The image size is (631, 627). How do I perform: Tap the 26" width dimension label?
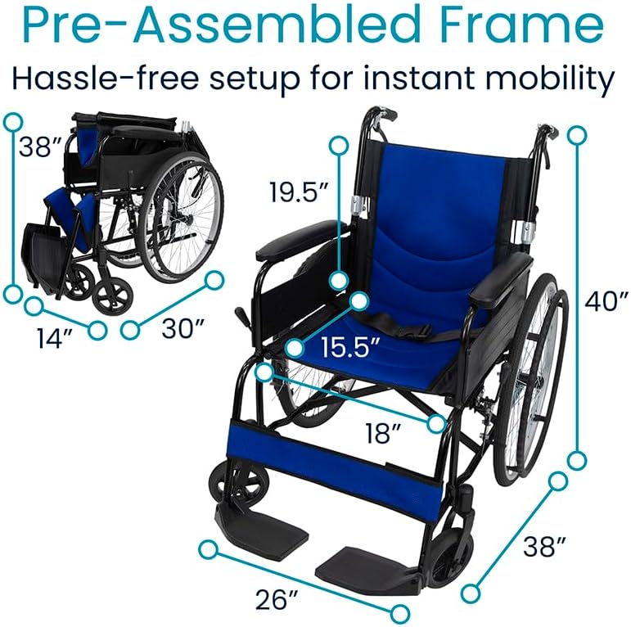coord(275,599)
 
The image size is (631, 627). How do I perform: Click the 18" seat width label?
coord(380,432)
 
